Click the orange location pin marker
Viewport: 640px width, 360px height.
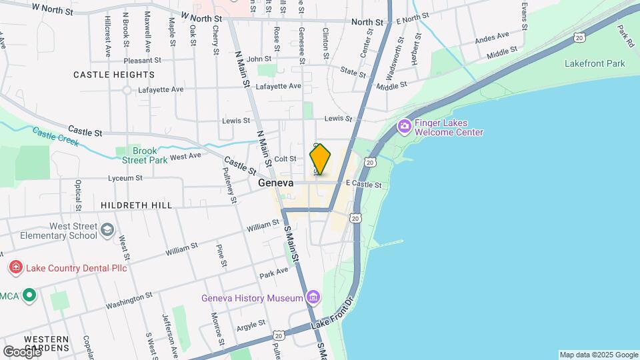[x=320, y=159]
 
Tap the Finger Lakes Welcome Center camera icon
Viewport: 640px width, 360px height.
[x=404, y=126]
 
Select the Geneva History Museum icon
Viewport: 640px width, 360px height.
[x=313, y=297]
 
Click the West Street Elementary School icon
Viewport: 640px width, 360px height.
[x=107, y=231]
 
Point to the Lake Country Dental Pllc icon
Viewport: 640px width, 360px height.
[x=15, y=268]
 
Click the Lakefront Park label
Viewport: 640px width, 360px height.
[x=595, y=63]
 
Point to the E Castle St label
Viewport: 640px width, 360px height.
[x=363, y=185]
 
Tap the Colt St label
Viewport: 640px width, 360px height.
[x=285, y=159]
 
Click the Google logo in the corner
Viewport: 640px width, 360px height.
[x=22, y=351]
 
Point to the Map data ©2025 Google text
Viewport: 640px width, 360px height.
[x=598, y=355]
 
